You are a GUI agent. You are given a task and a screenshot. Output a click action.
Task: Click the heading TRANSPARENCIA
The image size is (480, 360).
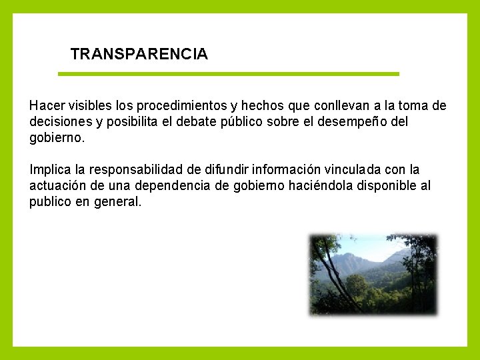pos(139,54)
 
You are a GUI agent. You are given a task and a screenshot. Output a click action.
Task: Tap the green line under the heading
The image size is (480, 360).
pos(228,73)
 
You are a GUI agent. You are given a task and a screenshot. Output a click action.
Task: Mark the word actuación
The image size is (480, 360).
pos(56,185)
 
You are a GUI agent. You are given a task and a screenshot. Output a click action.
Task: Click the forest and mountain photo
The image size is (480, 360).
pos(373,274)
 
